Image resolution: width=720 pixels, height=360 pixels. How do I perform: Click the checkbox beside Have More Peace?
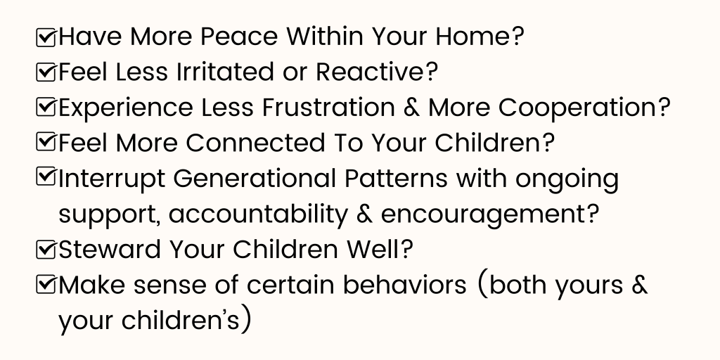[x=46, y=37]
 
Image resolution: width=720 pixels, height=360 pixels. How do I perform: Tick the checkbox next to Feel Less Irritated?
[x=46, y=72]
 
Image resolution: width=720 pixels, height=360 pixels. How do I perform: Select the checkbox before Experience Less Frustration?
[x=46, y=108]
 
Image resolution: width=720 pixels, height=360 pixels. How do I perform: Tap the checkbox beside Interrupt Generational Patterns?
[x=46, y=177]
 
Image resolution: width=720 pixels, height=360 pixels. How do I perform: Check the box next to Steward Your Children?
[x=46, y=250]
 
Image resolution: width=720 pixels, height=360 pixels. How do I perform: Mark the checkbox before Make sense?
[x=46, y=285]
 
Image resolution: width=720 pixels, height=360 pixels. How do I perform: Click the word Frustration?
[x=328, y=107]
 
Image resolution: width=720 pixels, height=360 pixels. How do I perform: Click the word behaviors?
[x=404, y=285]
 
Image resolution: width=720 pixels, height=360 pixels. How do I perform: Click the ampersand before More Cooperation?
[x=411, y=108]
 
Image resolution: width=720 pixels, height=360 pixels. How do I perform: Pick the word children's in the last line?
[x=181, y=320]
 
